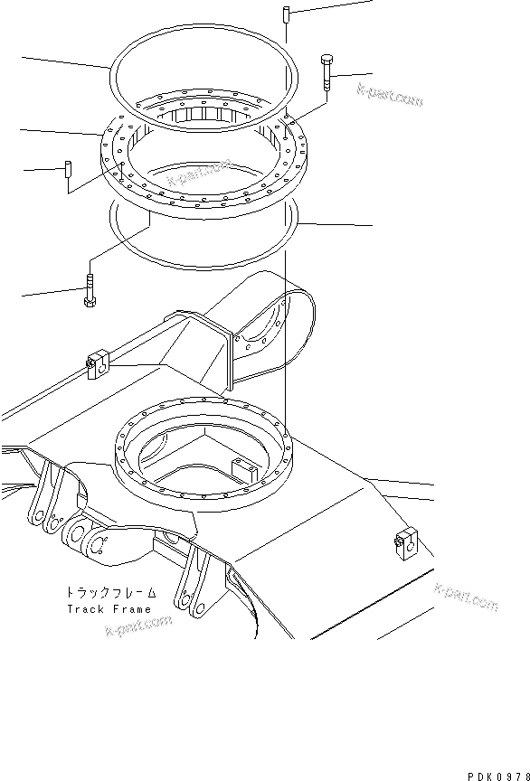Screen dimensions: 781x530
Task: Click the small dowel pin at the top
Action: pos(284,16)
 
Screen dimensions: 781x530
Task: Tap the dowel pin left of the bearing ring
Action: pos(68,175)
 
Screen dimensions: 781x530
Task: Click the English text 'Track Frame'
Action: pos(111,608)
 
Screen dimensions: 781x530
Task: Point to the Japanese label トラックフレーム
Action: pos(110,593)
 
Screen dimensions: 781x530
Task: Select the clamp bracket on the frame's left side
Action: pos(98,363)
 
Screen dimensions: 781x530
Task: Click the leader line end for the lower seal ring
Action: pos(372,225)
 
